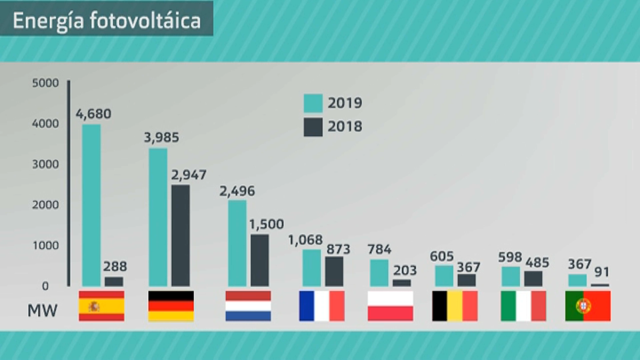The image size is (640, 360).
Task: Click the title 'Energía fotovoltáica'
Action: pos(107,20)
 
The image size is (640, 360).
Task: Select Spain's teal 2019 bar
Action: pos(91,205)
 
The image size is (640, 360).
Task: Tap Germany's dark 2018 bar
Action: pos(180,235)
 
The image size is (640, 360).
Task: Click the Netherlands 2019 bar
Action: pos(237,243)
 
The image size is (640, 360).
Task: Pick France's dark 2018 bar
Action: pos(334,271)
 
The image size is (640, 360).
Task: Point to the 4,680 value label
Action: pos(93,113)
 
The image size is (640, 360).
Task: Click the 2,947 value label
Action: pos(189,175)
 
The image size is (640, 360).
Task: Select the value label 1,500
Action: pos(265,225)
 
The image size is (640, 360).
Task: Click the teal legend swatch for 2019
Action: pos(313,103)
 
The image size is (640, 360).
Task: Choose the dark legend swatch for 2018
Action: pos(313,127)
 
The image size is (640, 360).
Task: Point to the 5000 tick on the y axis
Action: pos(45,83)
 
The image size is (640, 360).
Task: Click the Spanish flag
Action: pos(101,306)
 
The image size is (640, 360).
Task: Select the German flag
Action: pos(171,306)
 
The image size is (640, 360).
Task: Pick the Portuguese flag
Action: pos(587,306)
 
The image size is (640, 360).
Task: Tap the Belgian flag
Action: pos(455,306)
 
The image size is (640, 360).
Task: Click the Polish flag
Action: pos(390,306)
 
